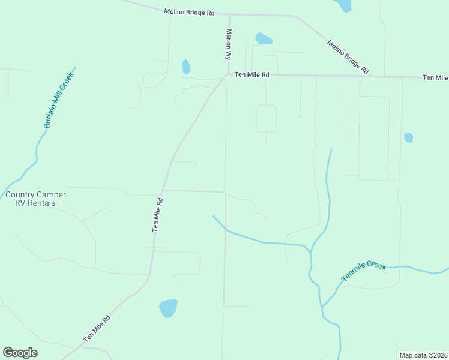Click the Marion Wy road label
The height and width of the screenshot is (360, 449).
[x=228, y=43]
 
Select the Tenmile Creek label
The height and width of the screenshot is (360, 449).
[x=364, y=271]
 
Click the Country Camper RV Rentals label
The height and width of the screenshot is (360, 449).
[x=35, y=199]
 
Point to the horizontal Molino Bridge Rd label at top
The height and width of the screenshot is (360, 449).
[x=189, y=11]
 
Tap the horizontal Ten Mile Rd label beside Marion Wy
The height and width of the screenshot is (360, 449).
[x=252, y=74]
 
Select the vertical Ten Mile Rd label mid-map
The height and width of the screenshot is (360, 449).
[x=158, y=215]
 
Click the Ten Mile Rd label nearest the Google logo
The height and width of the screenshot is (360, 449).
[x=97, y=329]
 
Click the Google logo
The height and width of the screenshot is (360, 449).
[x=20, y=353]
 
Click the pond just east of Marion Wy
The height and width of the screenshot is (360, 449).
[x=264, y=39]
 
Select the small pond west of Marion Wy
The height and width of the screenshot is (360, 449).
[x=186, y=67]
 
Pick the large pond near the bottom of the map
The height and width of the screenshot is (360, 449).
[x=168, y=308]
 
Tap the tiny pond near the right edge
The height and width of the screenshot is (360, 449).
[x=409, y=137]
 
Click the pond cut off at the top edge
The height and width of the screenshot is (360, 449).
[x=344, y=5]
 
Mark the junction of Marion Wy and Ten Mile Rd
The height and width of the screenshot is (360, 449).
[x=226, y=75]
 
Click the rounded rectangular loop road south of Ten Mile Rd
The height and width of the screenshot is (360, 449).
[x=266, y=118]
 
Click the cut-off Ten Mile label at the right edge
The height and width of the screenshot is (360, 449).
[x=436, y=77]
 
